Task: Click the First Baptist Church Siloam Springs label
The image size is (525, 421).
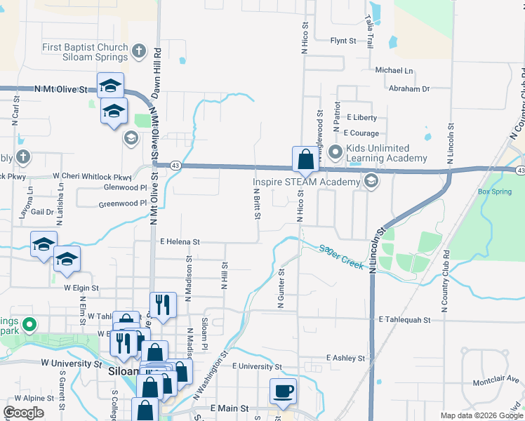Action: [85, 52]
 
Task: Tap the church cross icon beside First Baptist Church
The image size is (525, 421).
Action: [139, 51]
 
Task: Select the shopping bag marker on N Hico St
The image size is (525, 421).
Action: [305, 159]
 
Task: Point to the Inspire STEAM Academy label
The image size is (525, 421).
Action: [306, 182]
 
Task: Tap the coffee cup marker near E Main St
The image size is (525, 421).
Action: [283, 391]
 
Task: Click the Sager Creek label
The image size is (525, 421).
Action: [341, 257]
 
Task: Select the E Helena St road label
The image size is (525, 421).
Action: [180, 241]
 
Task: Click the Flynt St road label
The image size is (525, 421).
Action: [344, 41]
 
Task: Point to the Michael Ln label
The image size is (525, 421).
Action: [394, 70]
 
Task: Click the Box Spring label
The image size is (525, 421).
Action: [494, 192]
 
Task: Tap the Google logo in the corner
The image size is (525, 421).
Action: [24, 413]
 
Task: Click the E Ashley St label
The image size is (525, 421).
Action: [345, 358]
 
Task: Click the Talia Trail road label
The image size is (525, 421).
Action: [368, 32]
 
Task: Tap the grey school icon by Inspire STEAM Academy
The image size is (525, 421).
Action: [371, 182]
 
